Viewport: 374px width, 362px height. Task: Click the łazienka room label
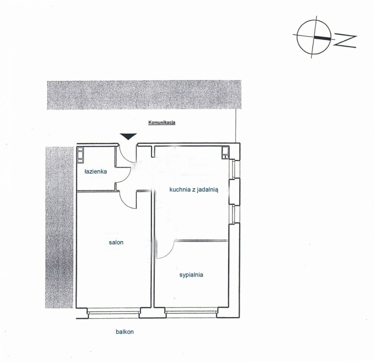96,172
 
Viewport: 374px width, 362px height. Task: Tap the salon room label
116,242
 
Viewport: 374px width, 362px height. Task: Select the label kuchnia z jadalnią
194,190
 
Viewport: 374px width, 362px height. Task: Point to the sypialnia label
191,275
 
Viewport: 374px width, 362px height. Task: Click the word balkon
125,332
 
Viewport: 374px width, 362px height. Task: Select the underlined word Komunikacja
162,122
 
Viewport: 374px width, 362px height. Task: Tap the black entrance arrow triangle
128,136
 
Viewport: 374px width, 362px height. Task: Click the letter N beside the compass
345,41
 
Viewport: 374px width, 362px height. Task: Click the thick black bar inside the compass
322,37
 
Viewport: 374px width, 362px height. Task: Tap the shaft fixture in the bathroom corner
80,155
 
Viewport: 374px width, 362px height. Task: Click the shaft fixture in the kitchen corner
225,153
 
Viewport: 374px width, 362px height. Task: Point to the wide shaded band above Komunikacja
144,95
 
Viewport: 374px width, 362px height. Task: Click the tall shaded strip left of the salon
59,227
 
